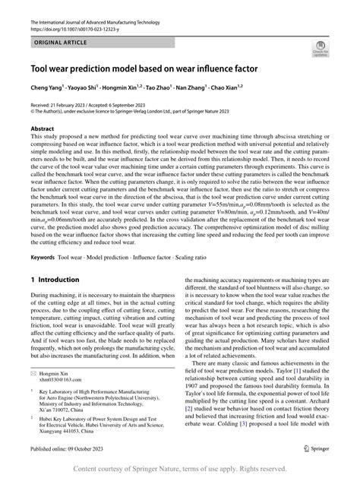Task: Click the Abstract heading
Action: (x=42, y=130)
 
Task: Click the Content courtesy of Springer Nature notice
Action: (x=180, y=470)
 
